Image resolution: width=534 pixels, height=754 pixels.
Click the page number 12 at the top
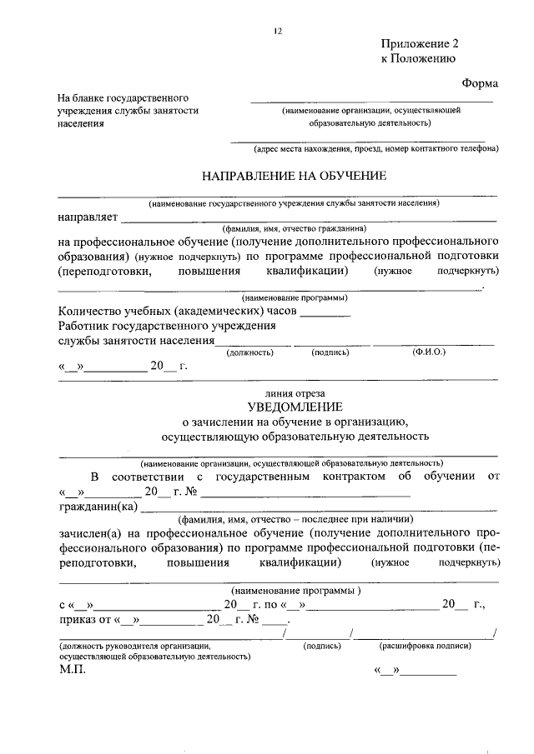[x=279, y=31]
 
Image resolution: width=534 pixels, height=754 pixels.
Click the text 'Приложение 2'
[x=420, y=43]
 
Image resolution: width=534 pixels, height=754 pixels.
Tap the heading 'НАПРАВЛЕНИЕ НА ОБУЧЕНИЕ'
[x=295, y=176]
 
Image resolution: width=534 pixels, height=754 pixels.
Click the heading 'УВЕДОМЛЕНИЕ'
[x=295, y=406]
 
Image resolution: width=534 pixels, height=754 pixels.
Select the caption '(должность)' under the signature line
[x=250, y=352]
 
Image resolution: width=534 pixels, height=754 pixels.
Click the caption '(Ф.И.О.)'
[x=429, y=352]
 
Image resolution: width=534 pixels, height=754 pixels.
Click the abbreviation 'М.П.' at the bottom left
[x=72, y=670]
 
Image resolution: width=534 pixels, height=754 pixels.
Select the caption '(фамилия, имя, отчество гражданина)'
[x=294, y=228]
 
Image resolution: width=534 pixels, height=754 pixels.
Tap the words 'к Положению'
[x=417, y=59]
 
